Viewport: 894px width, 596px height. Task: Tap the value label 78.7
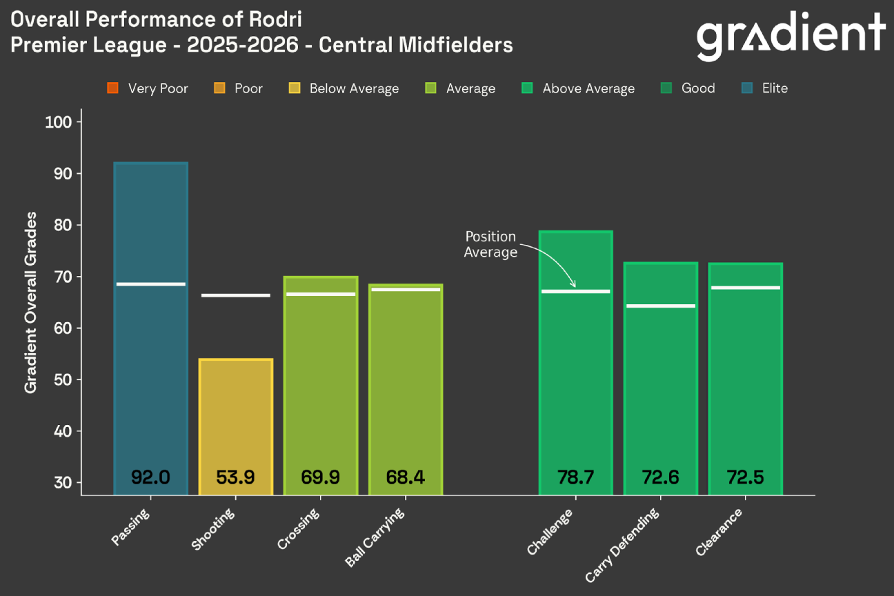(x=575, y=477)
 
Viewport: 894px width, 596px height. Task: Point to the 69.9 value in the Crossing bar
(x=320, y=477)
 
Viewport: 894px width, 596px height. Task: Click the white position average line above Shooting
(x=236, y=295)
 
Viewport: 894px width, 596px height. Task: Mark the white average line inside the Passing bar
(x=150, y=284)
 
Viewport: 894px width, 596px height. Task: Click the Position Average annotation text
(x=490, y=245)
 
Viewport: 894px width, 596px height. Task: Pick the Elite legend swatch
(x=748, y=88)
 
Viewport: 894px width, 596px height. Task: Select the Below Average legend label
(x=354, y=88)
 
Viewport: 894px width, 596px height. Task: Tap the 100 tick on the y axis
(x=63, y=122)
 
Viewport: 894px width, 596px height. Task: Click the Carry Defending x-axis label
(x=622, y=545)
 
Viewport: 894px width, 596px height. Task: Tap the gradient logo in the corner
(x=791, y=35)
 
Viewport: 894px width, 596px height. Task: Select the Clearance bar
(x=745, y=386)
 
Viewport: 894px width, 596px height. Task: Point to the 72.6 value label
(x=660, y=477)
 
